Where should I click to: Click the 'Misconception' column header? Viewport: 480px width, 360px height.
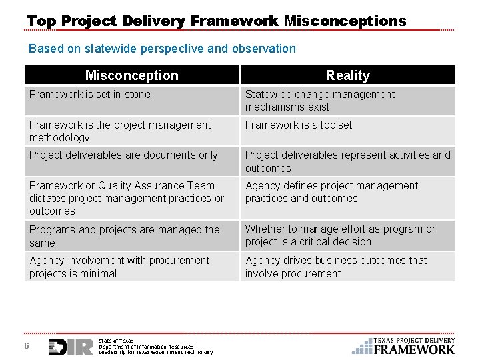tap(131, 75)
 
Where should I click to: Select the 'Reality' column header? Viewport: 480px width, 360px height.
tap(347, 75)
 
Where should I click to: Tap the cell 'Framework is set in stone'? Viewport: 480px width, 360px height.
tap(131, 101)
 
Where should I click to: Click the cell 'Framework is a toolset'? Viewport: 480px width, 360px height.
tap(347, 131)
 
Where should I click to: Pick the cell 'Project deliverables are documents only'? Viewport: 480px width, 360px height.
tap(131, 161)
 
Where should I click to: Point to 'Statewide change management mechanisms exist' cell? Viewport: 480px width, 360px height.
tap(347, 101)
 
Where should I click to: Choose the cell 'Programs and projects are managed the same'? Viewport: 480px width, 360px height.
tap(131, 236)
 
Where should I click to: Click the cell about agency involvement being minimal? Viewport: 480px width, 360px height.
tap(131, 267)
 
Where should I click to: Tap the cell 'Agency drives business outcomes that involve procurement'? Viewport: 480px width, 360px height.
tap(347, 267)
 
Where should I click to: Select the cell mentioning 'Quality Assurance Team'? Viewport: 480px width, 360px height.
tap(131, 198)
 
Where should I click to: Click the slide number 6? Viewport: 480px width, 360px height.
tap(26, 345)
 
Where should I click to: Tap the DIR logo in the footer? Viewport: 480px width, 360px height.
tap(71, 346)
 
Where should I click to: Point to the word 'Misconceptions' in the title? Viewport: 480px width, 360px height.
tap(345, 21)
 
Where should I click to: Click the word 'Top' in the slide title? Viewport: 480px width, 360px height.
tap(41, 21)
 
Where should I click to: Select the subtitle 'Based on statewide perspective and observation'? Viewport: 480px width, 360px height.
tap(162, 49)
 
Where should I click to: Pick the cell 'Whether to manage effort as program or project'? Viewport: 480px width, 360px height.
tap(347, 236)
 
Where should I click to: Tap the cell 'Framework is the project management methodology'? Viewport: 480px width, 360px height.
tap(131, 131)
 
